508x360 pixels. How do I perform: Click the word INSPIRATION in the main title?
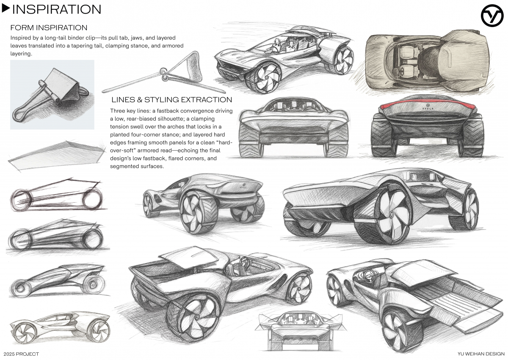coord(56,9)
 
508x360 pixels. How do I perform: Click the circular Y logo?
coord(492,16)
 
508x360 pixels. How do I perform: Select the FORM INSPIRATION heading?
coord(49,28)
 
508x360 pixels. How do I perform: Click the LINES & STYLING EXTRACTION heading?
coord(171,100)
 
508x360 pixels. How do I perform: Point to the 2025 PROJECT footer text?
coord(21,354)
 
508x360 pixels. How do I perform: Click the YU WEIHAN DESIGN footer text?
coord(481,354)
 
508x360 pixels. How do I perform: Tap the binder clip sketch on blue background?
coord(52,94)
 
